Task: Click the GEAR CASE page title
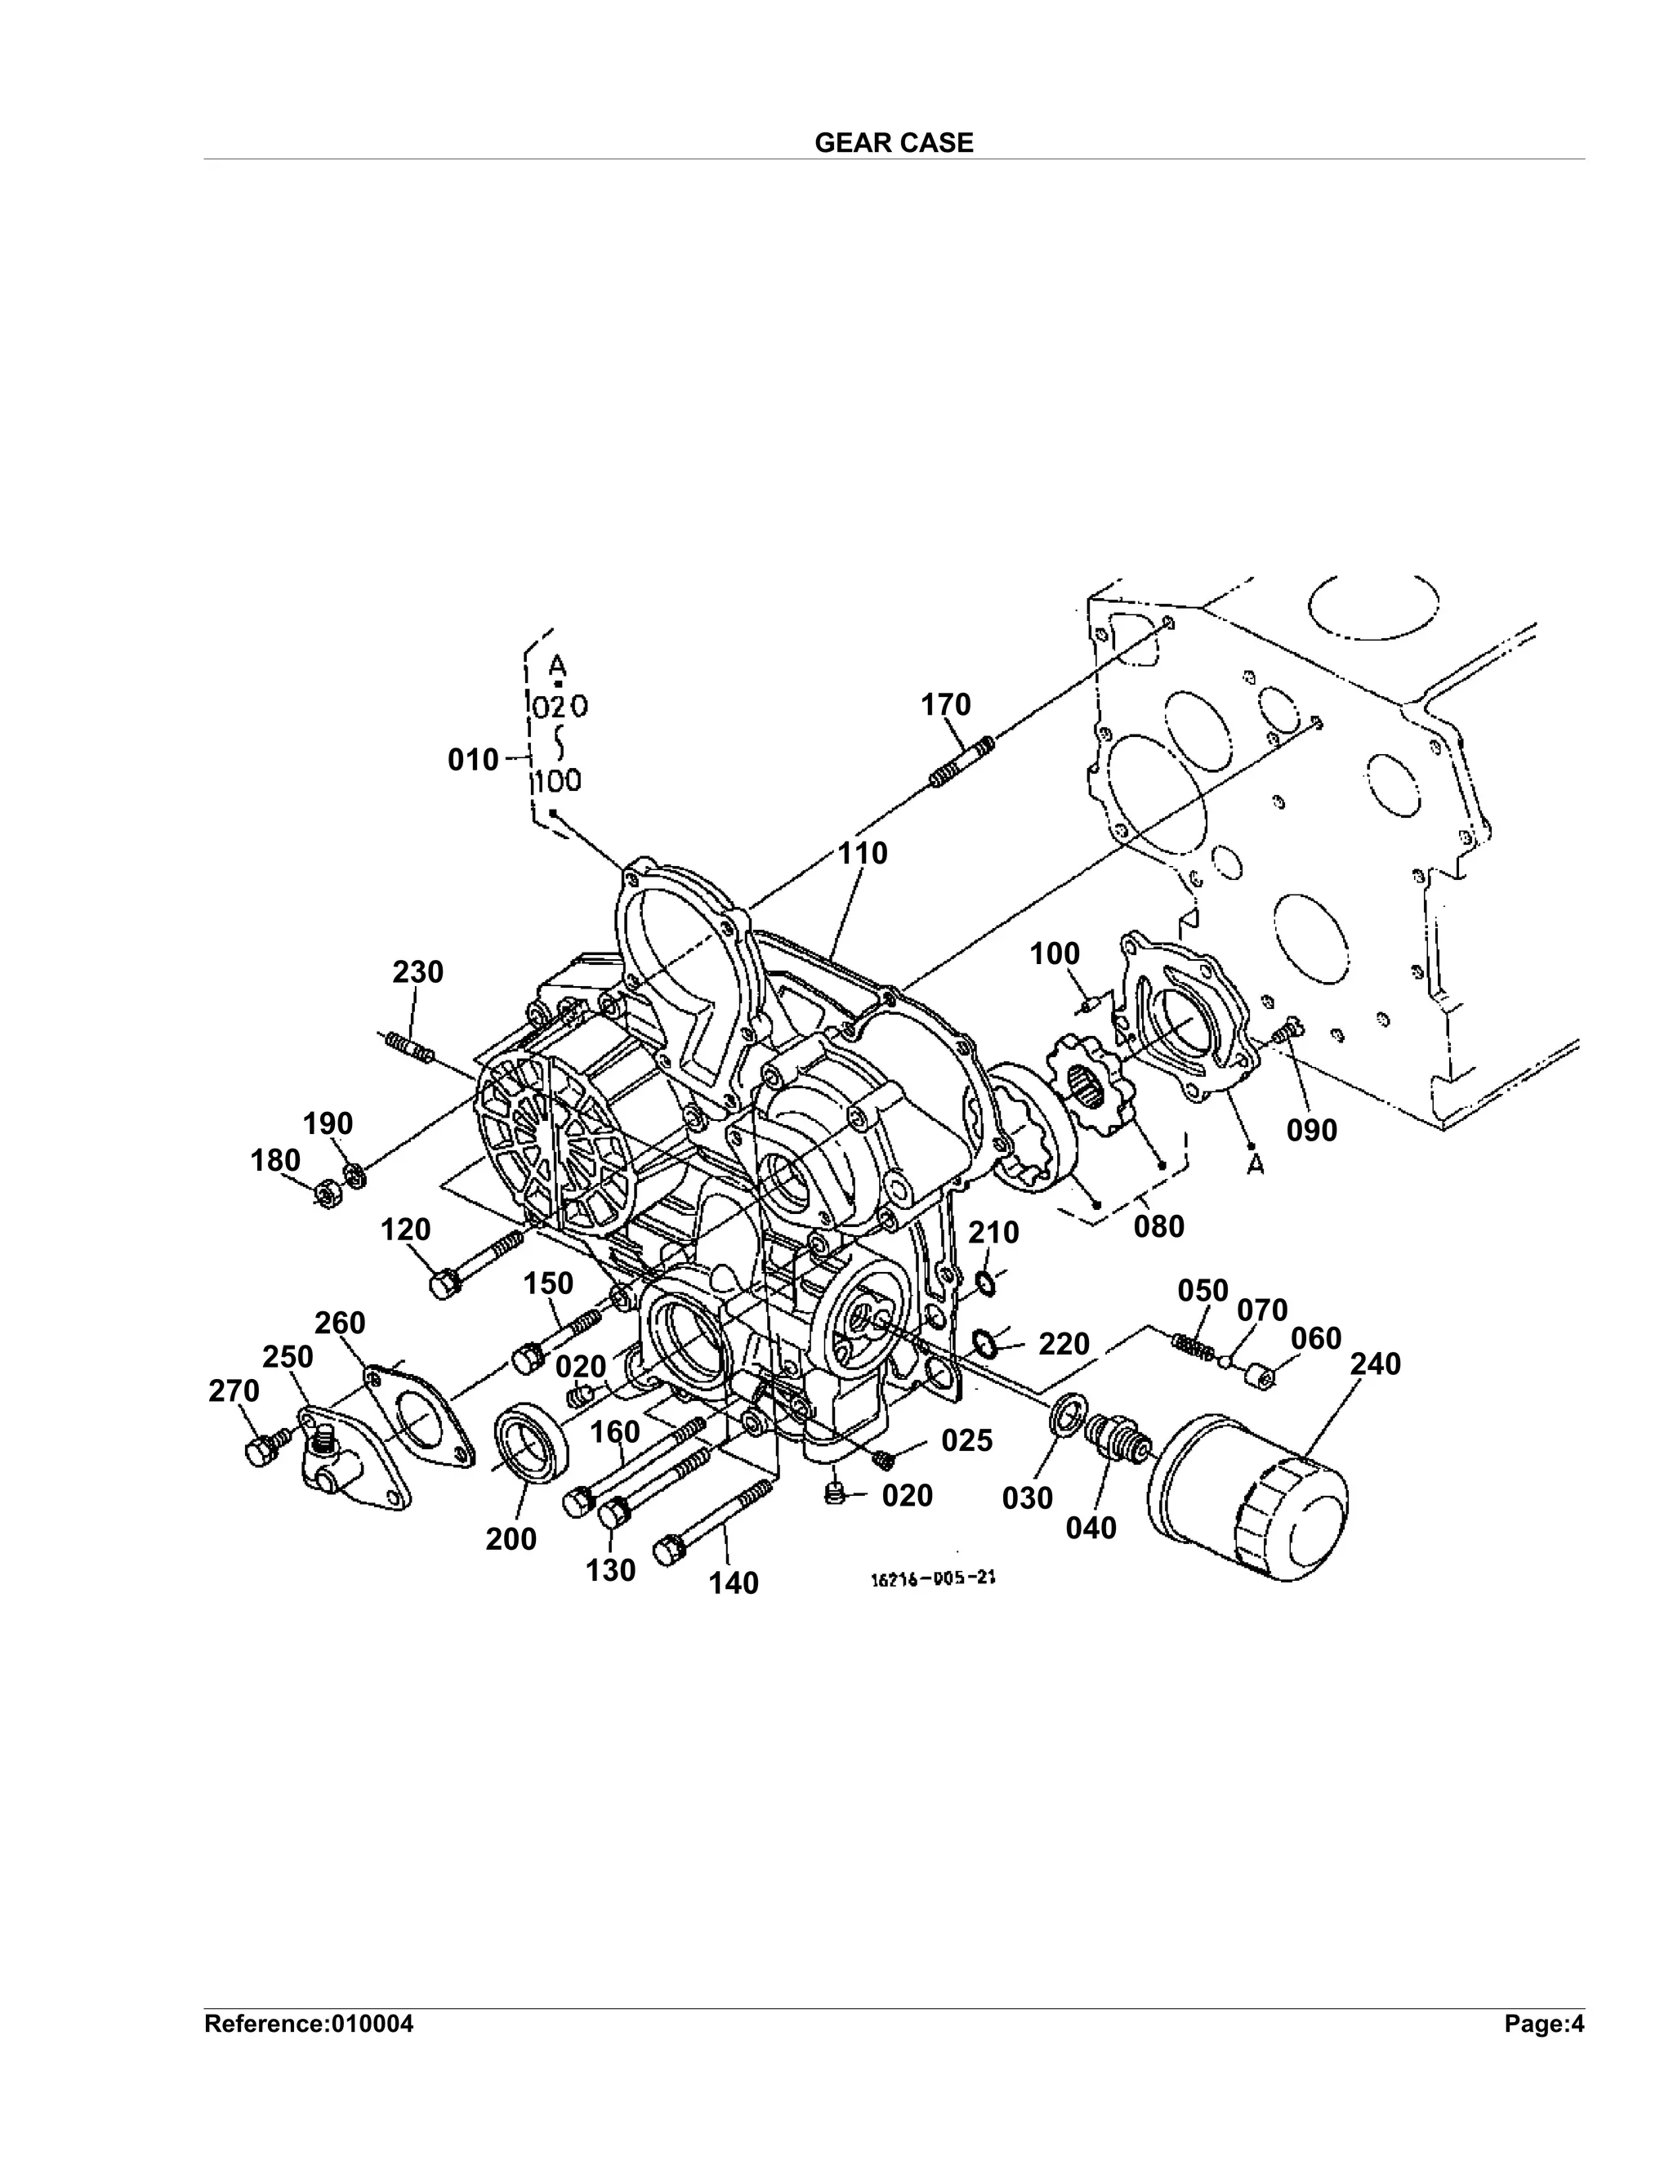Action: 894,143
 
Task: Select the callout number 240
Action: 1376,1364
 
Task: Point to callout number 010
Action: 473,761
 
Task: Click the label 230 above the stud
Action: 417,971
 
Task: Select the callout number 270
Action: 234,1392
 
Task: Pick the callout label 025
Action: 966,1440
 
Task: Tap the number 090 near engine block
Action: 1311,1130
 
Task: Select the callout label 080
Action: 1158,1226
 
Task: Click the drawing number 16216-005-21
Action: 931,1579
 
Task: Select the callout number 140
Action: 734,1583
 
